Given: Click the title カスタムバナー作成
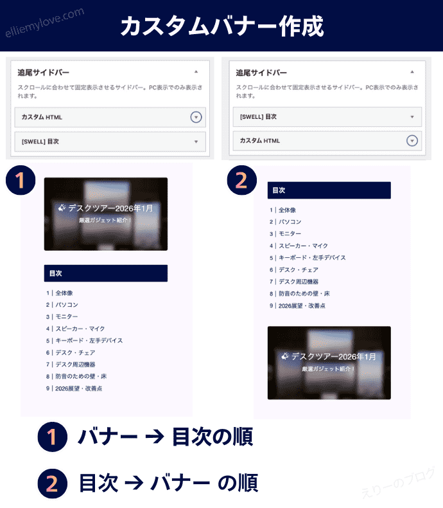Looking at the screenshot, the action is pos(222,26).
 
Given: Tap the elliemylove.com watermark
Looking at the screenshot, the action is pos(45,22).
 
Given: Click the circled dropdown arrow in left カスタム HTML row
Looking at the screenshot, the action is pos(196,117).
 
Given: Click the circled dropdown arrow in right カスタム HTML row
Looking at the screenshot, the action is pos(412,141).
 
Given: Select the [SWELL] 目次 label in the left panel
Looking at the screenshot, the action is pos(40,141).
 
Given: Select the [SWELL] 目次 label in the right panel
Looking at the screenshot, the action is pos(258,116).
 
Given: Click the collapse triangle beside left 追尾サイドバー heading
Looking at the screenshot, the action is pos(196,71).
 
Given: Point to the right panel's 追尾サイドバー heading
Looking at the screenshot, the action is pos(261,73).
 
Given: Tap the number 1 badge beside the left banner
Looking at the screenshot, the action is pos(21,180).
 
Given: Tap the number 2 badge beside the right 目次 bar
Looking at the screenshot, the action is pos(241,180).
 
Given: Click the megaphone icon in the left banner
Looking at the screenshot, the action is pos(62,208).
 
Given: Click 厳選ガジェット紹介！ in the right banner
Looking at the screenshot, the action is pos(328,368).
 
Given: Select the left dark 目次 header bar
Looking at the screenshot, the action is pos(106,273).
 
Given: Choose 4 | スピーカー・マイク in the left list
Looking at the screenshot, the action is pos(75,329).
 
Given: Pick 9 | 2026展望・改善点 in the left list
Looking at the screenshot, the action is pos(74,388).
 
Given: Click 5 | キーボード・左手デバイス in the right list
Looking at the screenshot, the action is pos(308,258).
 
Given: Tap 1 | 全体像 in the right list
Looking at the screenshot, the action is pos(282,210).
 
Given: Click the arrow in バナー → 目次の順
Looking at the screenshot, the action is pos(155,437).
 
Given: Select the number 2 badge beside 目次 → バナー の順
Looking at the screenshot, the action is pos(53,484).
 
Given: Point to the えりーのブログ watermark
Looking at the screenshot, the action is pos(398,483).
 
